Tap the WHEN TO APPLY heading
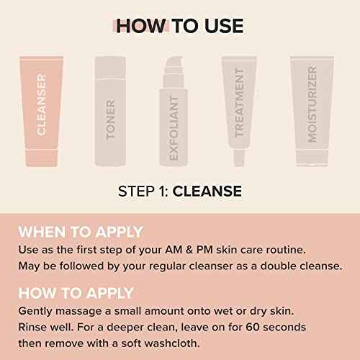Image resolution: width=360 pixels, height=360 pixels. coord(81,232)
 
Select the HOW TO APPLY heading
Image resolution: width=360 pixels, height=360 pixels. coord(76,293)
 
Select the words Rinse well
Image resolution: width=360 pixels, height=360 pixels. coord(44,327)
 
